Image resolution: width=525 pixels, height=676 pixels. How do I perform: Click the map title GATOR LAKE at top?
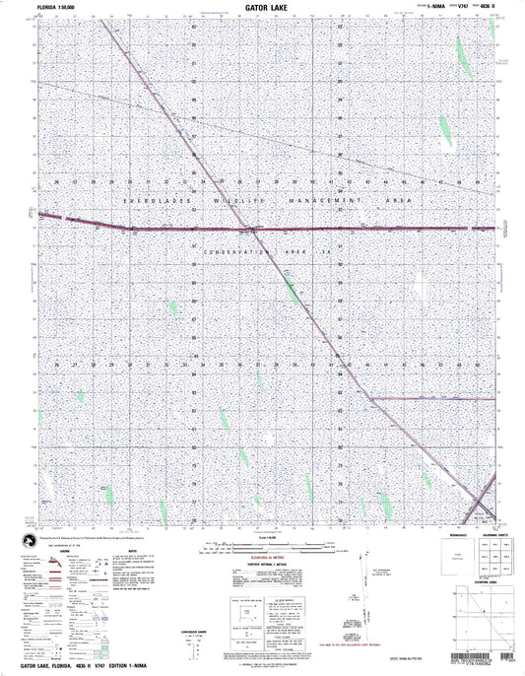[262, 5]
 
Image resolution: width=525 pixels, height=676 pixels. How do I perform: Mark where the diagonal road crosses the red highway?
[254, 229]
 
